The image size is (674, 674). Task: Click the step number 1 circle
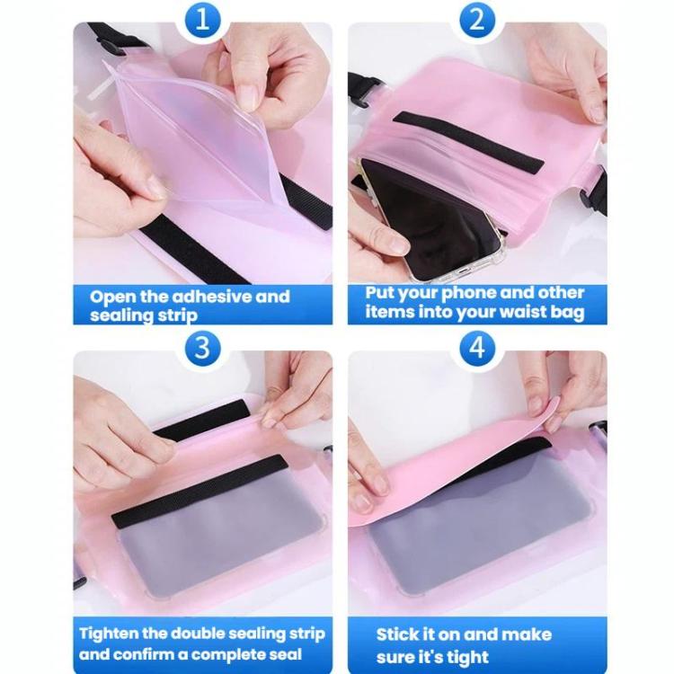tap(202, 21)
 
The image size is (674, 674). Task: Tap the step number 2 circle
tap(477, 21)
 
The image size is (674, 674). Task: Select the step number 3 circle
tap(202, 348)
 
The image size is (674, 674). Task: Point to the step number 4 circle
tap(477, 348)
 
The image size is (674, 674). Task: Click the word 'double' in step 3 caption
tap(198, 634)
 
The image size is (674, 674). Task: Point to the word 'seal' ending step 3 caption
tap(284, 654)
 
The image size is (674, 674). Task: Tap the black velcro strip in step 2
tap(468, 142)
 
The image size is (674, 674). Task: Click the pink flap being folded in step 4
tap(451, 468)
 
